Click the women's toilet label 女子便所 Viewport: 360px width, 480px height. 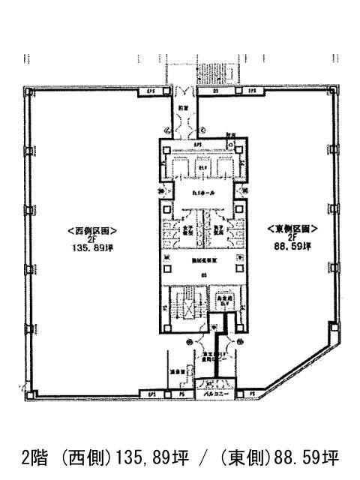[184, 231]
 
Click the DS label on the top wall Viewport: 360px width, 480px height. [214, 91]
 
